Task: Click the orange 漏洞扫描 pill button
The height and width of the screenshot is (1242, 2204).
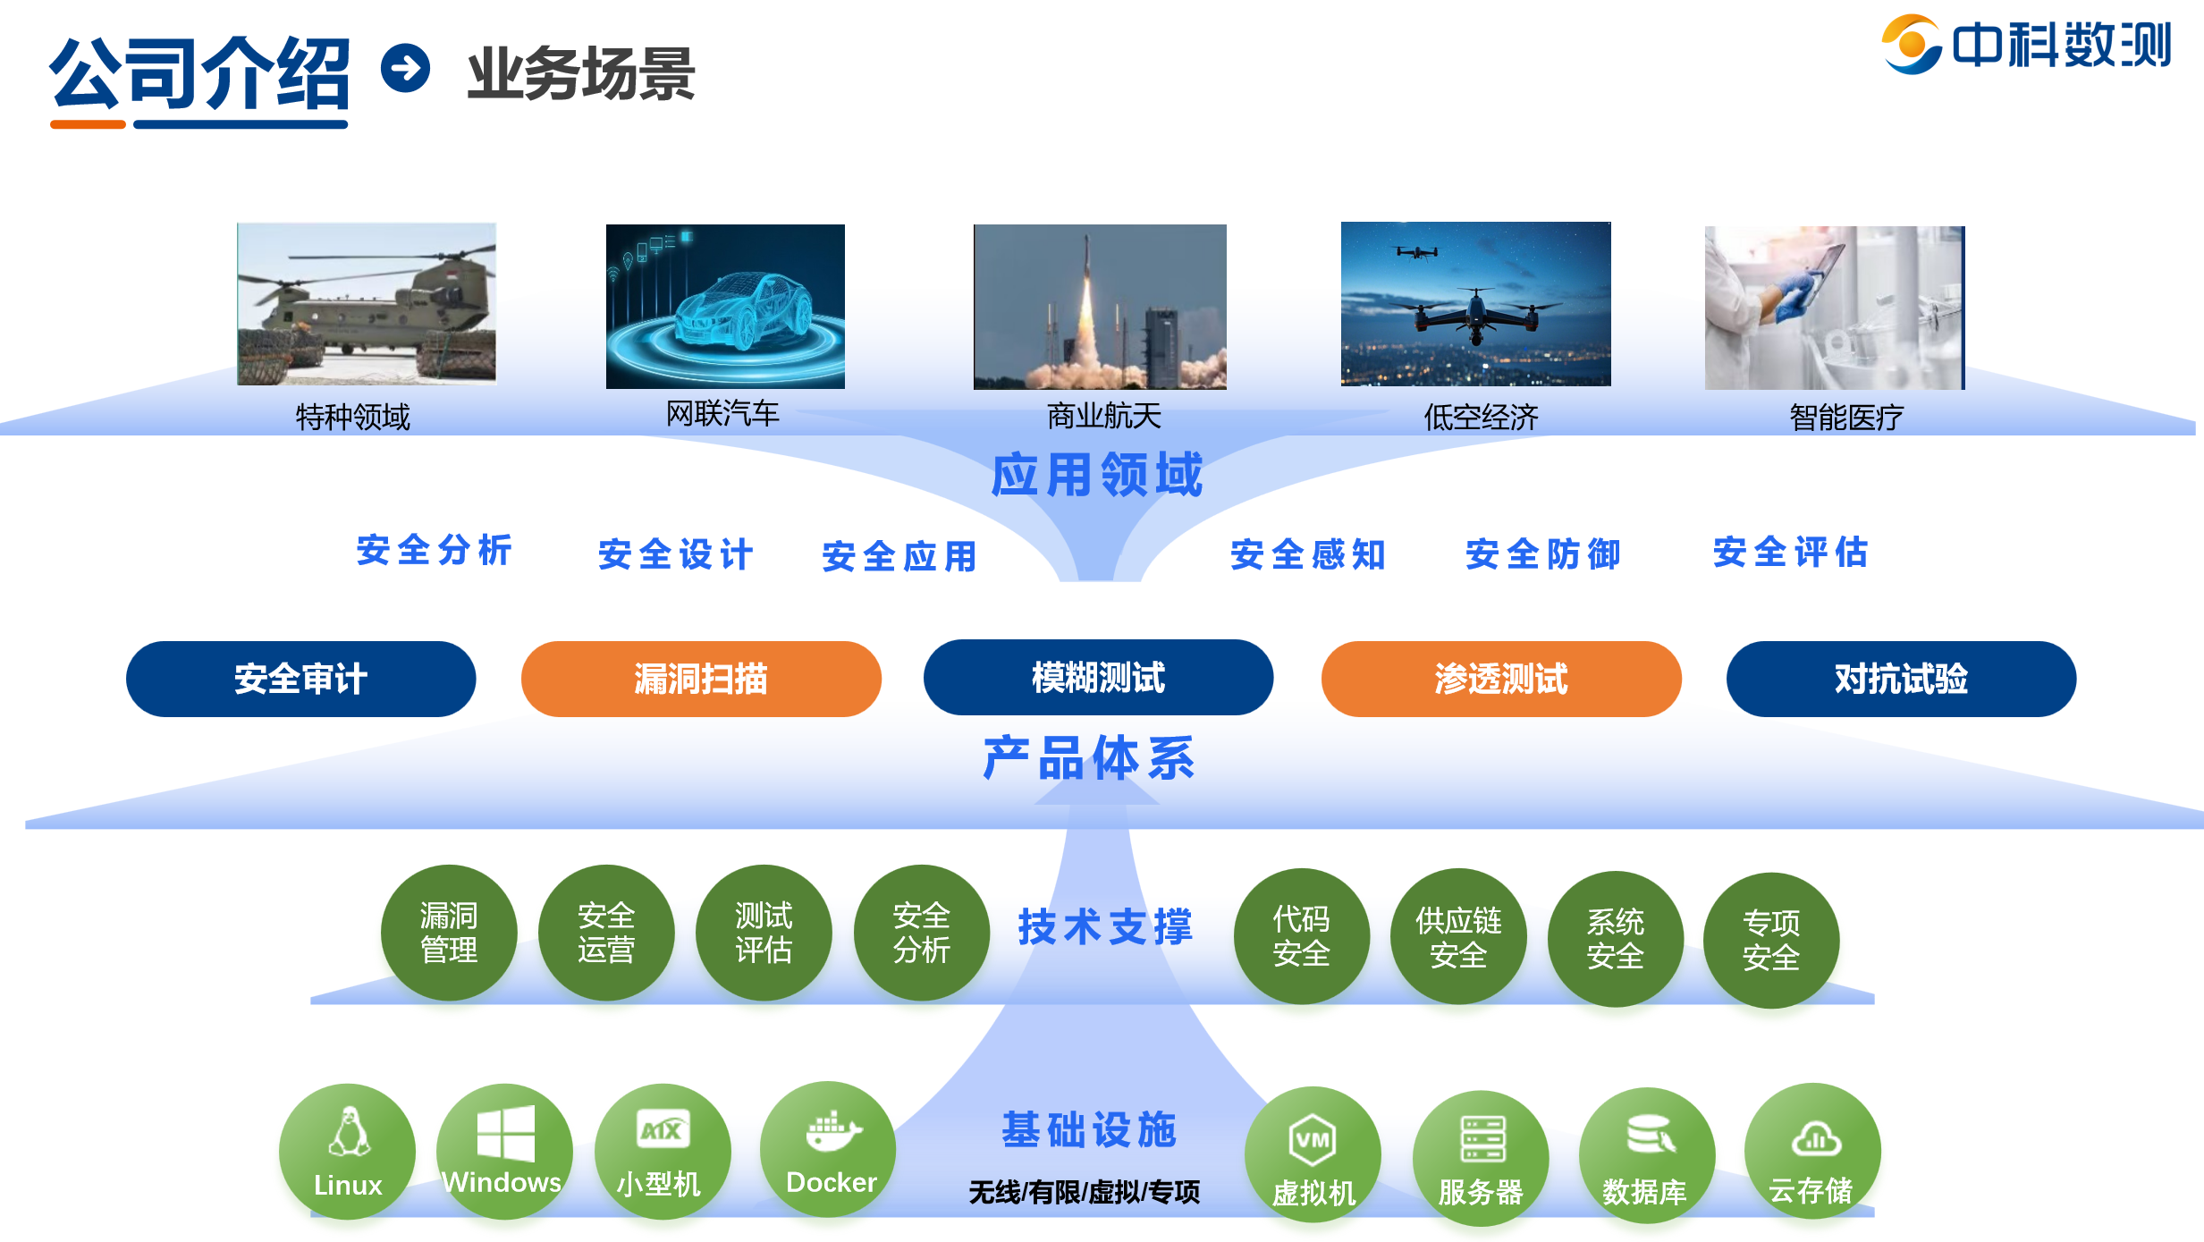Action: [701, 679]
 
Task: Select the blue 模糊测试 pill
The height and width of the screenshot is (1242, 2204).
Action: [1098, 677]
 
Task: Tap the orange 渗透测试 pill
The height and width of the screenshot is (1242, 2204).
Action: [1501, 679]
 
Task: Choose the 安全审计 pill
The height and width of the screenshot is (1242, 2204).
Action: [300, 679]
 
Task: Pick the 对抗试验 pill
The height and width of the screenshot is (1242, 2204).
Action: [1901, 679]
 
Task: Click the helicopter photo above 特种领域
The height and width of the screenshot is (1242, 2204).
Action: [367, 304]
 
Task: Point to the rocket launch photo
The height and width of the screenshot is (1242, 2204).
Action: [1100, 307]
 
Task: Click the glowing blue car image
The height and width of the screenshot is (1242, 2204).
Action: [725, 307]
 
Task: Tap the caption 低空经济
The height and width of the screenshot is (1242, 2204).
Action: [1481, 417]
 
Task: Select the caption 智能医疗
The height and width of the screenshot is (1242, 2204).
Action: [1846, 417]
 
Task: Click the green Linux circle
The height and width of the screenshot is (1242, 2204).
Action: [347, 1152]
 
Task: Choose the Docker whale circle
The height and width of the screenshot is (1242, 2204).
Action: [828, 1150]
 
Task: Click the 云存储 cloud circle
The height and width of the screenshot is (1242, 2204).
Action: [1812, 1152]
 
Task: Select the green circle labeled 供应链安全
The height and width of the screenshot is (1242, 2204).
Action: [1458, 937]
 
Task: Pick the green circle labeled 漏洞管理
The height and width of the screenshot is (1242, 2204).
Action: [449, 933]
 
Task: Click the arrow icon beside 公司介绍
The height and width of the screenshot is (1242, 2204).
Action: [406, 68]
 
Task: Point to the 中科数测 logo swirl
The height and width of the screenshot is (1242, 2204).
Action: [1912, 44]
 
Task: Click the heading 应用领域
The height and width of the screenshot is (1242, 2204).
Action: [1097, 474]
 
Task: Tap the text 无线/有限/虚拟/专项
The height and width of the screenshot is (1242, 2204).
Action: [1085, 1192]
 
